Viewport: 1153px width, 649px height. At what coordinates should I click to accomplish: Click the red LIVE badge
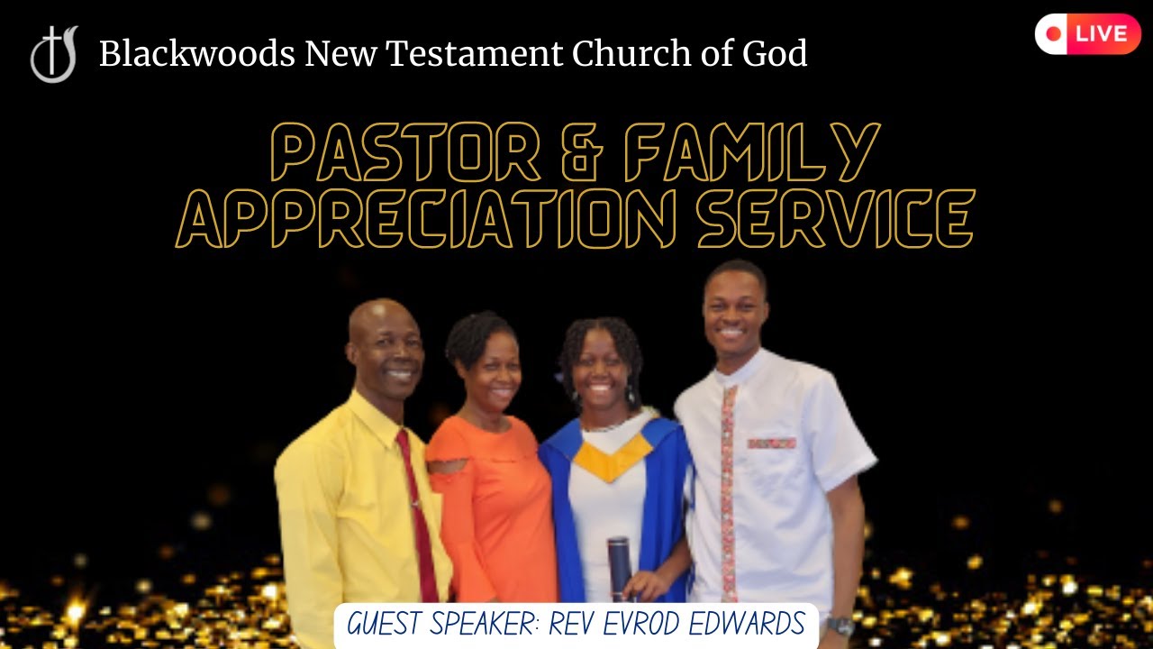pyautogui.click(x=1087, y=34)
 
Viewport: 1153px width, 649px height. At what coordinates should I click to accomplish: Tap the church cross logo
pyautogui.click(x=54, y=54)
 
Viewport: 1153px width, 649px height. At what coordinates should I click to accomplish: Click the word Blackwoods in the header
pyautogui.click(x=196, y=55)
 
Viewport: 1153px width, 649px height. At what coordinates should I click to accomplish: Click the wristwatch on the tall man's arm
pyautogui.click(x=840, y=625)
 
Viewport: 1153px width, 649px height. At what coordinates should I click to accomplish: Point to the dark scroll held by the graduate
pyautogui.click(x=618, y=568)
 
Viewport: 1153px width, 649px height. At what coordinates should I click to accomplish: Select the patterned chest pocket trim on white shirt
pyautogui.click(x=771, y=443)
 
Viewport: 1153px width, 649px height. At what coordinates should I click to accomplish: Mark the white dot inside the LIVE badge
pyautogui.click(x=1054, y=34)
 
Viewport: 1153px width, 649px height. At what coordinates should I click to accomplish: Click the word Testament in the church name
pyautogui.click(x=475, y=55)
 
